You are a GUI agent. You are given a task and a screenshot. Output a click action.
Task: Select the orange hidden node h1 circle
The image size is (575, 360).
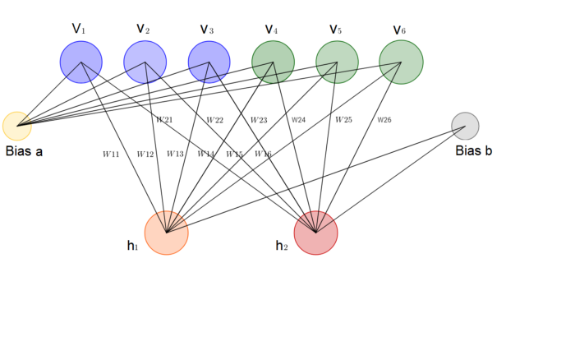167,233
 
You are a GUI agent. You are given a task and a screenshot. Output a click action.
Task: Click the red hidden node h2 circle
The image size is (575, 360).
315,233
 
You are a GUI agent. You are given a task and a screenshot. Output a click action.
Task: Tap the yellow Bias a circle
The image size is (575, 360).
16,126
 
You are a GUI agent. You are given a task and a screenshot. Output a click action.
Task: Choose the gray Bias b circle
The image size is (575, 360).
465,126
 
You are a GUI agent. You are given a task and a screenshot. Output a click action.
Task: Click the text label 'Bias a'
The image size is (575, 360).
24,152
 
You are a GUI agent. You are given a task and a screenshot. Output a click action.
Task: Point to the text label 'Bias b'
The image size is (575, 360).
474,151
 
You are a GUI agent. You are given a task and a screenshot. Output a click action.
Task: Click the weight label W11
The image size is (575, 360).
111,154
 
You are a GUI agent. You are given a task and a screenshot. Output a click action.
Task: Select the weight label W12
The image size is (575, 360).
145,154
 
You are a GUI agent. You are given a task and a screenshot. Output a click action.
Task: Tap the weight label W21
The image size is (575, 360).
164,120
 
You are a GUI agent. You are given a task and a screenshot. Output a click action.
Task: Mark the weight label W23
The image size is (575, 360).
258,120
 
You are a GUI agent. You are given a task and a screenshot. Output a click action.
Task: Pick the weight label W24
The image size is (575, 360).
298,120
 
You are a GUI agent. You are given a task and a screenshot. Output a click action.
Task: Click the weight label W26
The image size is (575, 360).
384,120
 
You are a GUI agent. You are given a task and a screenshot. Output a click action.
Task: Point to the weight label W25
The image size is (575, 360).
343,120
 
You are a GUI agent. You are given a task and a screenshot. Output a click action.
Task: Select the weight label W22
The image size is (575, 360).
214,120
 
